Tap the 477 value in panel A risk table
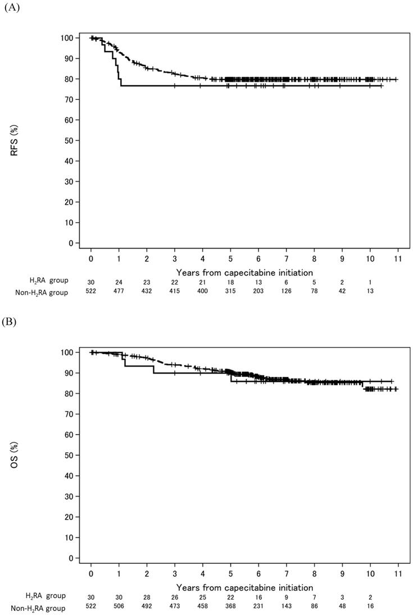(119, 291)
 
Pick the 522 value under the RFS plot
(90, 291)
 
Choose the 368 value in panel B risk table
(230, 606)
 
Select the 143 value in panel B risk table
(286, 606)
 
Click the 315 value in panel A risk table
(230, 291)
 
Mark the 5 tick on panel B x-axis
(230, 575)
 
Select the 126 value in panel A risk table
(286, 291)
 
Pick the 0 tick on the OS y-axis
(71, 558)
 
